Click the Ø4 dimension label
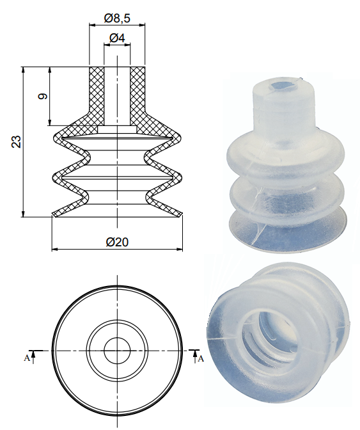pyautogui.click(x=117, y=38)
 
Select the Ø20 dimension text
pyautogui.click(x=117, y=241)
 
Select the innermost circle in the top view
pyautogui.click(x=116, y=350)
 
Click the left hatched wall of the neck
pyautogui.click(x=97, y=90)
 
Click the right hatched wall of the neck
pyautogui.click(x=137, y=90)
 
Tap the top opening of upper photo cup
pyautogui.click(x=281, y=86)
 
